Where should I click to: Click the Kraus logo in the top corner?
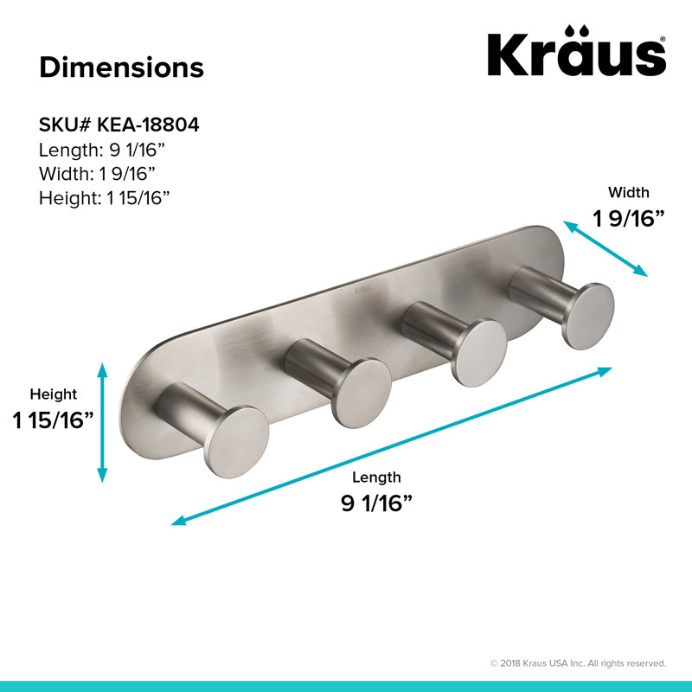coord(576,51)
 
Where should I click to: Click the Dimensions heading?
coord(121,67)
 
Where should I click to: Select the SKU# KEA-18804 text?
coord(119,125)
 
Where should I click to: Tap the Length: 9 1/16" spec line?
coord(101,150)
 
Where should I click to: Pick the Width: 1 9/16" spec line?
coord(97,174)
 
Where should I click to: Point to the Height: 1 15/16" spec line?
coord(104,198)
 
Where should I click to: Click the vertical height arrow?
coord(102,422)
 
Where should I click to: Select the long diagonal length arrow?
coord(392,446)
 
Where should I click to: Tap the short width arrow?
coord(605,248)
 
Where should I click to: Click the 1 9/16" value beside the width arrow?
coord(629,219)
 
